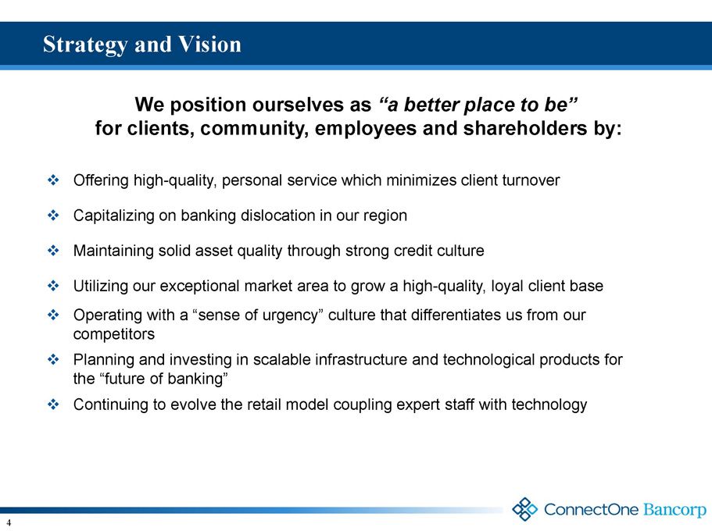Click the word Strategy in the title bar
tap(85, 45)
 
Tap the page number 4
tap(9, 523)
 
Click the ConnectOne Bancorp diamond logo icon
tap(524, 509)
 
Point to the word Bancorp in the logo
tap(674, 510)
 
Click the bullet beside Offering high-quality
tap(53, 180)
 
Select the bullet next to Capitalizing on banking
tap(53, 215)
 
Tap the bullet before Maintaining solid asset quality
tap(53, 251)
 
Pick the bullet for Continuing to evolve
tap(53, 404)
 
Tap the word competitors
tap(114, 334)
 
